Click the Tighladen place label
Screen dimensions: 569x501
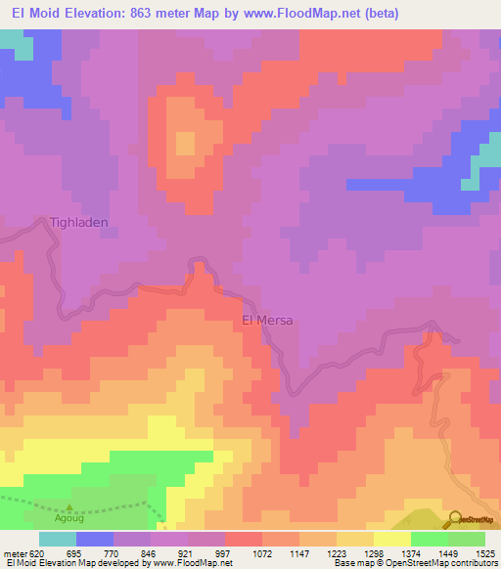click(x=79, y=223)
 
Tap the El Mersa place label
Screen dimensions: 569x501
click(x=267, y=320)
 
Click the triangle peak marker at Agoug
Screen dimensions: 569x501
click(x=69, y=508)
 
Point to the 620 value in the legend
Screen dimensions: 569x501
click(x=37, y=552)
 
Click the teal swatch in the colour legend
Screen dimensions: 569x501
click(x=58, y=539)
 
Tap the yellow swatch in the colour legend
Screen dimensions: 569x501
click(x=391, y=539)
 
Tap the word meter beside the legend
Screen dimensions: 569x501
click(x=15, y=552)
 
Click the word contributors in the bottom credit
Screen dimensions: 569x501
click(x=474, y=563)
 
